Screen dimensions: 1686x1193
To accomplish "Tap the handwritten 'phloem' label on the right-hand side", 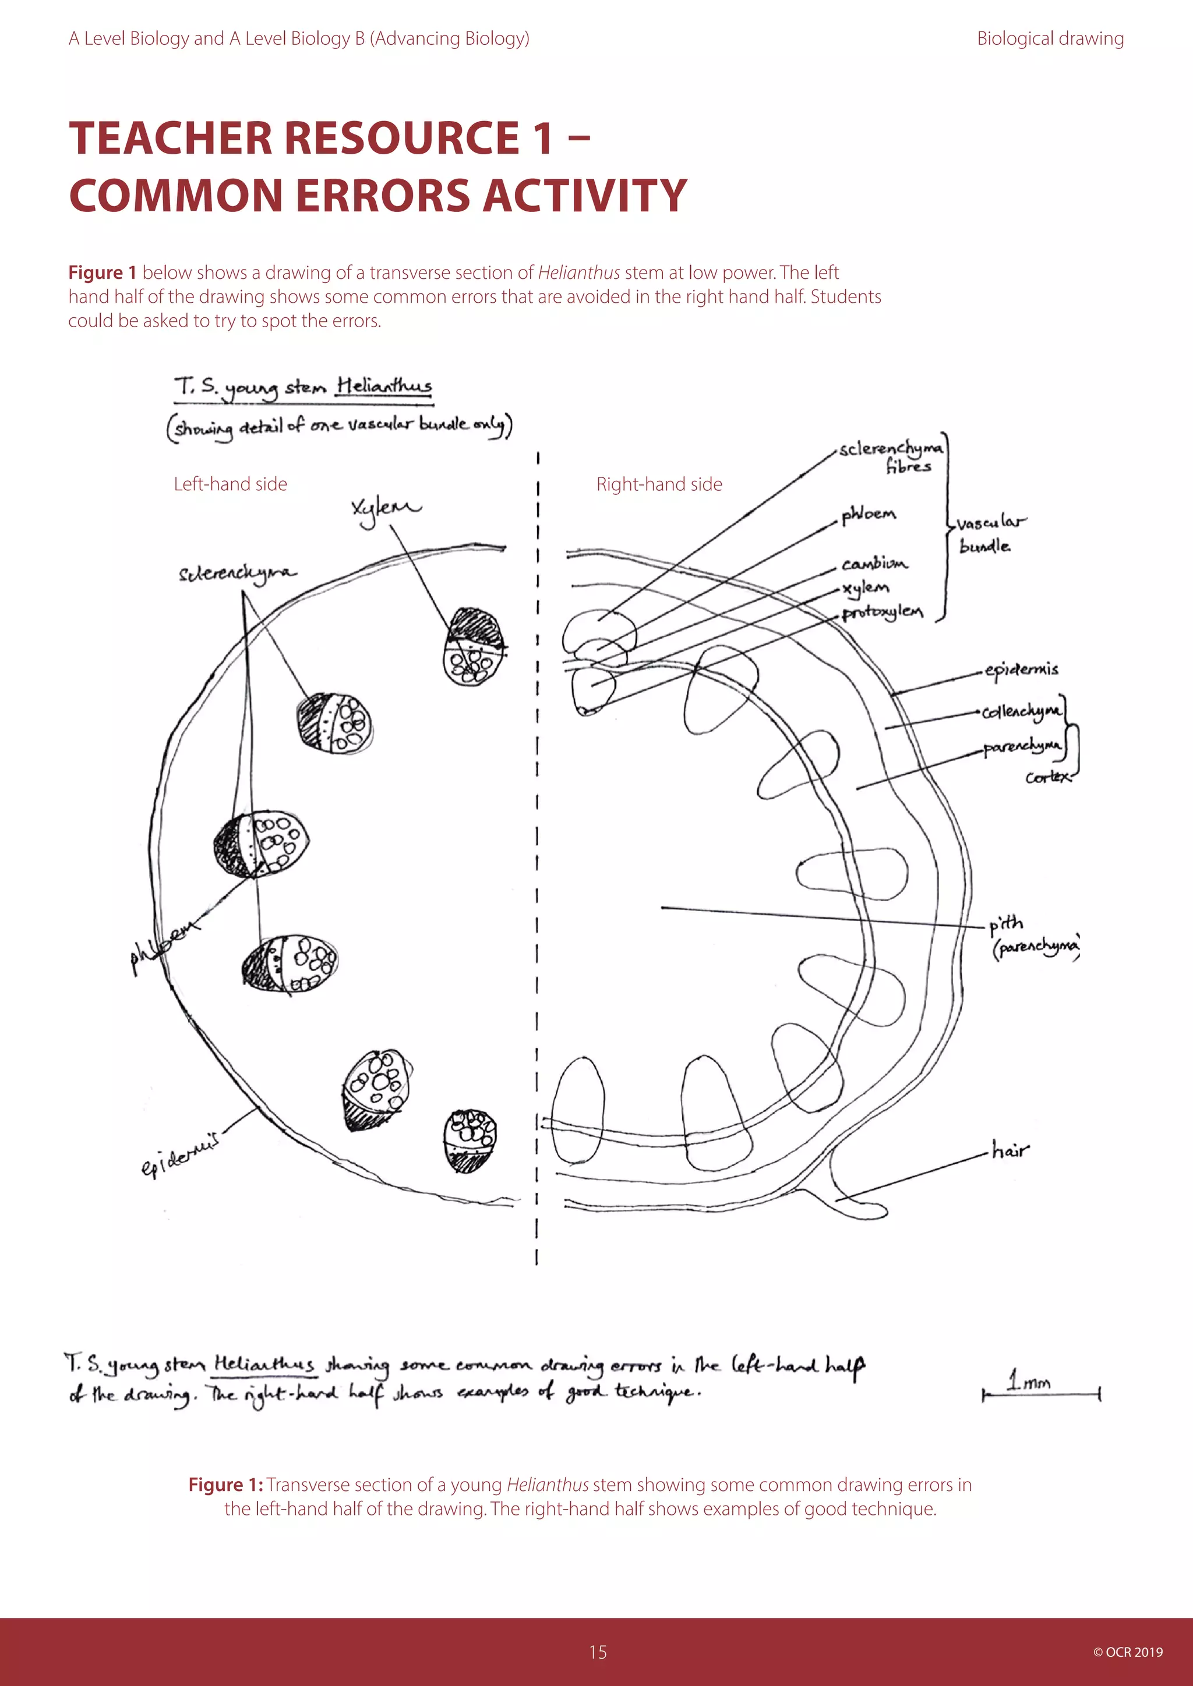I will (x=869, y=514).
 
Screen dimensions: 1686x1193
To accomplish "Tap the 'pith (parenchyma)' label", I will (x=1032, y=936).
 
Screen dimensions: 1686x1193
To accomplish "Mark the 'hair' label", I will (x=1010, y=1150).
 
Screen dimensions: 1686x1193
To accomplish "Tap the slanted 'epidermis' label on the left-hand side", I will (x=180, y=1154).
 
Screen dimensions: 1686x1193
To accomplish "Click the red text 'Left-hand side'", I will (x=230, y=484).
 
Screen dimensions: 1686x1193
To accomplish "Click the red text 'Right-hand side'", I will (x=659, y=484).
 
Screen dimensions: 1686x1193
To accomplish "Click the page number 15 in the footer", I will (x=597, y=1652).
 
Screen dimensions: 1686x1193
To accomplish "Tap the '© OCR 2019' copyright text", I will (x=1128, y=1652).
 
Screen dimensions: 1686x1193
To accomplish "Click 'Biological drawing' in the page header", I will (x=1050, y=39).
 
